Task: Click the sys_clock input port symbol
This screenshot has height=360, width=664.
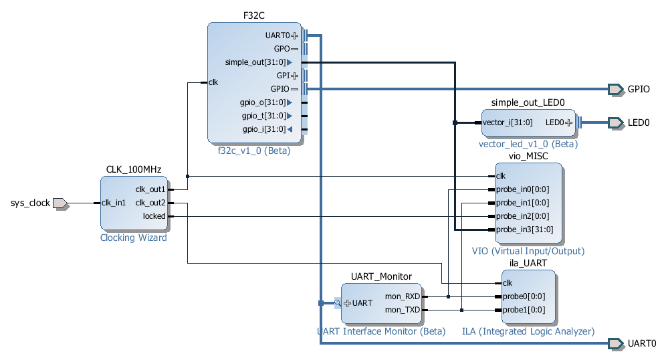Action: (61, 203)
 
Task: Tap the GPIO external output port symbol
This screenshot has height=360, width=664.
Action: (616, 90)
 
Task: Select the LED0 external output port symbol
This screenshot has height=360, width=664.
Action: (616, 123)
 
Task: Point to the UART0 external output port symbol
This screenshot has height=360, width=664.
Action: (616, 343)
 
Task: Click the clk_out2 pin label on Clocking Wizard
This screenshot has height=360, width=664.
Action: (150, 203)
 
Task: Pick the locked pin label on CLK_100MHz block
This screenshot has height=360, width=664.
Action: (154, 216)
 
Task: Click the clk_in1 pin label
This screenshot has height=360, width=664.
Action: (114, 203)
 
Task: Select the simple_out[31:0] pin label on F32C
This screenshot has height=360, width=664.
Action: (255, 62)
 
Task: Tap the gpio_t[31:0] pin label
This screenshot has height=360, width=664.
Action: (264, 116)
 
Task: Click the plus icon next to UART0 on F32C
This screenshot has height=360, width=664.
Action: (295, 35)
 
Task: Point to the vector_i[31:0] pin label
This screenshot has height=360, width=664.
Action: (508, 122)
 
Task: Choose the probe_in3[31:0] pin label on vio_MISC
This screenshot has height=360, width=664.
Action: (525, 230)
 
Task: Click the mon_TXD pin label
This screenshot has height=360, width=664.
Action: (403, 310)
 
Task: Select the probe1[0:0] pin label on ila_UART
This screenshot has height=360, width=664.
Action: (524, 310)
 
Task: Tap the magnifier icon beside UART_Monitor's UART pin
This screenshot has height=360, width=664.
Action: (338, 303)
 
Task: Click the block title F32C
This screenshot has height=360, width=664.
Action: (254, 15)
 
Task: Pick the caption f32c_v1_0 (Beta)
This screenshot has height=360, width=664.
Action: (254, 151)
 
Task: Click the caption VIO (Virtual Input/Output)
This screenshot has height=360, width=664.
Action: (528, 251)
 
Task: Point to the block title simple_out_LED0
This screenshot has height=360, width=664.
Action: (528, 102)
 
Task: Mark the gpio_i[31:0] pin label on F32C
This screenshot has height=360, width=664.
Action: (264, 129)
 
